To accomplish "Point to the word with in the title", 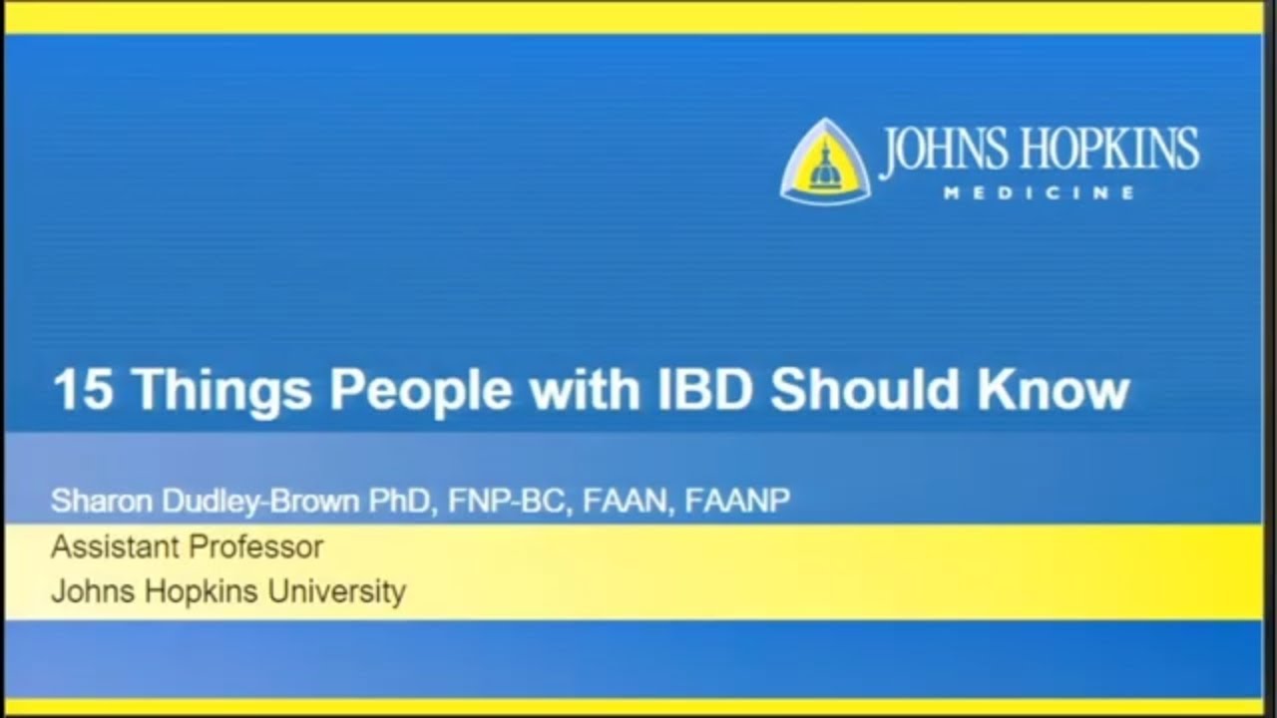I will click(586, 390).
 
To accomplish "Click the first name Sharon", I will click(95, 500).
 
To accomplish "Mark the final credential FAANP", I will click(737, 500).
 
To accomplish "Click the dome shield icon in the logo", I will click(824, 163).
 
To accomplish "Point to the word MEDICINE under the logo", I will click(1039, 193).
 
